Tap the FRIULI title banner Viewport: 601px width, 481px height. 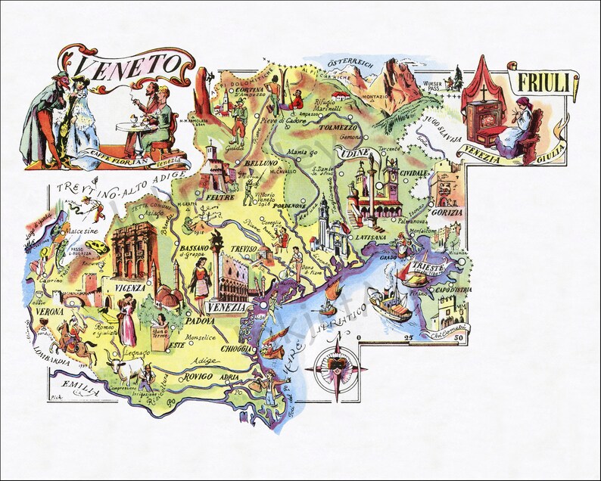(543, 83)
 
